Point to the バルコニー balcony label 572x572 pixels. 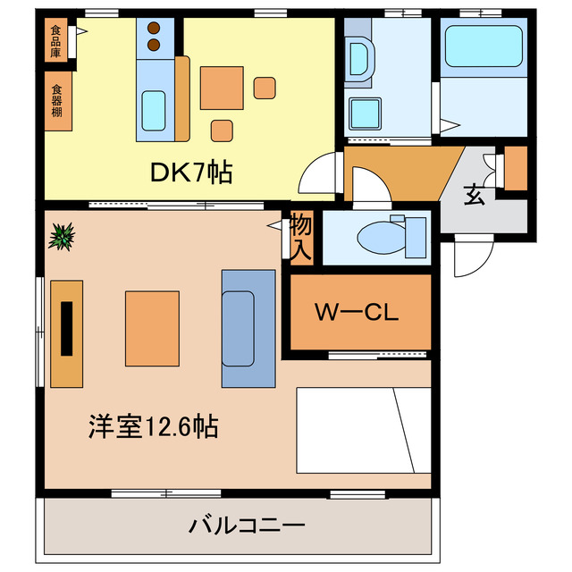[x=247, y=525]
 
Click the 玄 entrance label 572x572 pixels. [x=474, y=195]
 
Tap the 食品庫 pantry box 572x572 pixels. [x=56, y=41]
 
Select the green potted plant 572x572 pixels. [x=62, y=237]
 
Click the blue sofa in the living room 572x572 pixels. [x=247, y=328]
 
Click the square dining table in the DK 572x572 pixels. [x=222, y=88]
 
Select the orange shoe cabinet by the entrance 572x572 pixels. [x=517, y=167]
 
